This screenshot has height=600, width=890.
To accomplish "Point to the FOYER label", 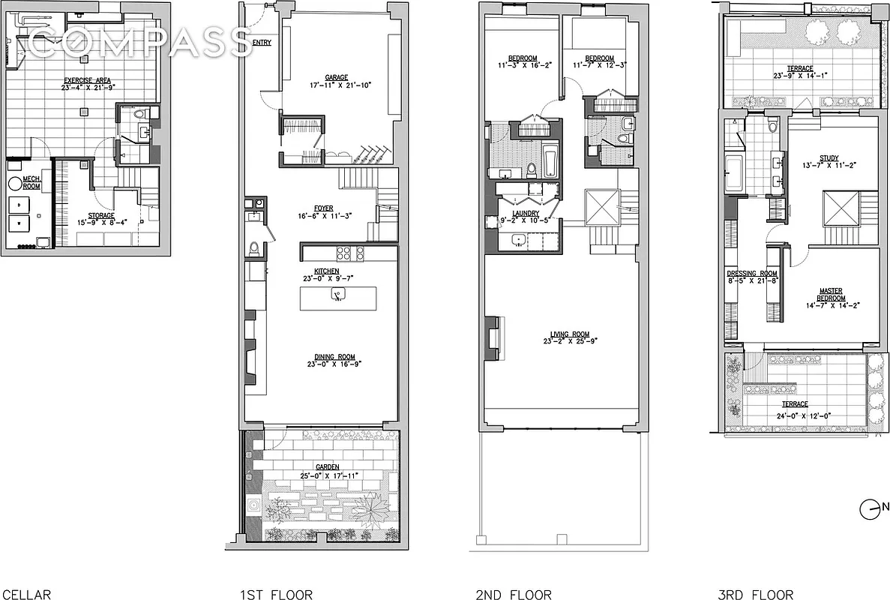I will (324, 209).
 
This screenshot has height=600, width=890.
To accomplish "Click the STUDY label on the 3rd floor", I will (829, 158).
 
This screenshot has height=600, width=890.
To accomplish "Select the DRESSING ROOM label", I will (752, 273).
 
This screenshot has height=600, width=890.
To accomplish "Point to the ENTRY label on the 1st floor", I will (262, 43).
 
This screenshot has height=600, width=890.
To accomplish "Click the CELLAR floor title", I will (25, 595).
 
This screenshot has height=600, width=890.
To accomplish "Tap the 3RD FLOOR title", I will (754, 595).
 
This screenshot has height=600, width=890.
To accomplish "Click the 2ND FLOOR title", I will (514, 595).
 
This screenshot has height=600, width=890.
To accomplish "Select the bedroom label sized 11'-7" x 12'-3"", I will (600, 58).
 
